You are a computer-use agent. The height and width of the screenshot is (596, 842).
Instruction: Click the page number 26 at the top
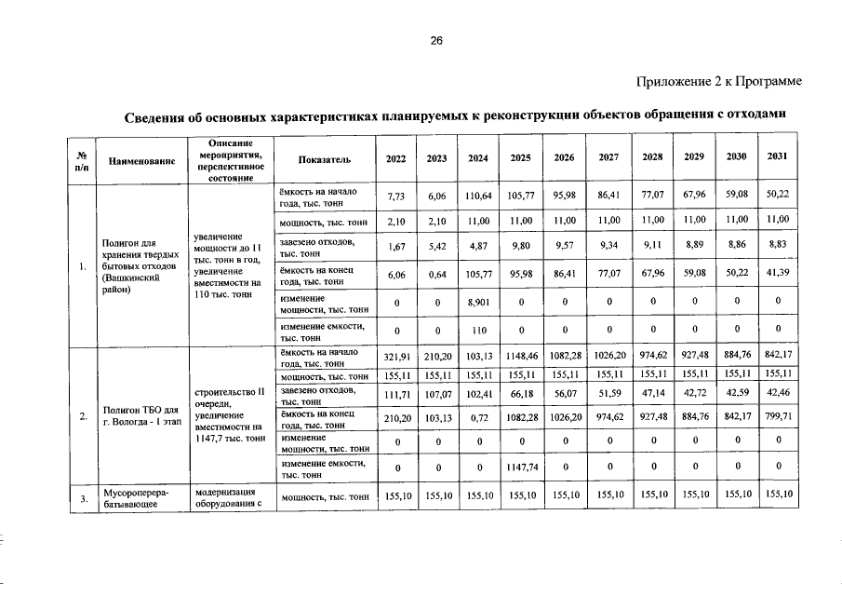436,40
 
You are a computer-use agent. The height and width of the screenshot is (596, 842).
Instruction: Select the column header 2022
395,158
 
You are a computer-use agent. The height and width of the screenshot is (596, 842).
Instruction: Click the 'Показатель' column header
324,159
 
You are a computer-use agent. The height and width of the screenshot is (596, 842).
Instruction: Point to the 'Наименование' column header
142,160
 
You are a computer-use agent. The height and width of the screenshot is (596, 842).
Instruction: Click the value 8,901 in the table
478,303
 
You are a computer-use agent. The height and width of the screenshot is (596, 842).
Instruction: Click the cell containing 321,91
396,358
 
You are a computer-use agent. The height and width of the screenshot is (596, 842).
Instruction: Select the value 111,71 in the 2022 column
396,395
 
